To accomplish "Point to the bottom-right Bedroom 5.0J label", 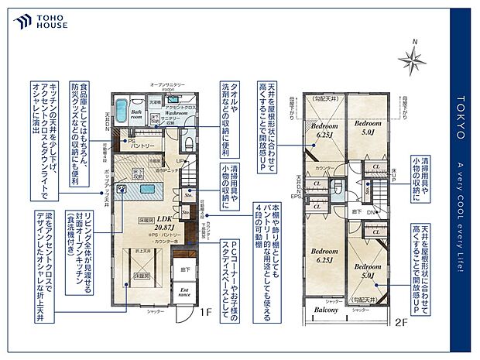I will point(365,269).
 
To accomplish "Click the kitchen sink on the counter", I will point(122,188).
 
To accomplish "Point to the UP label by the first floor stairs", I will point(180,160).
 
